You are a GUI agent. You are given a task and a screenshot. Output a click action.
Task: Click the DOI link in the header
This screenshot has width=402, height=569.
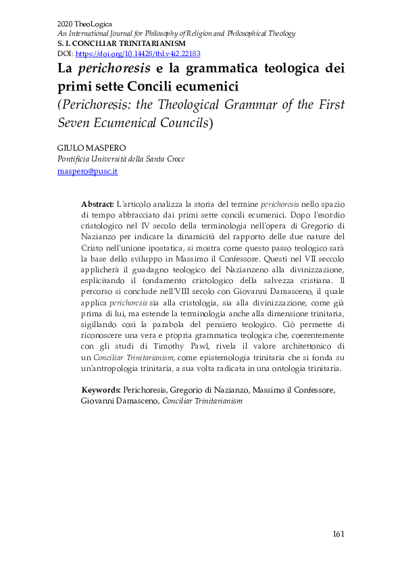(138, 53)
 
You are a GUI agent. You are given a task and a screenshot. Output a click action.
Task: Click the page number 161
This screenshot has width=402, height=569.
(338, 535)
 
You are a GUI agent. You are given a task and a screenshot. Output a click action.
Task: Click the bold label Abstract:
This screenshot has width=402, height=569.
(97, 204)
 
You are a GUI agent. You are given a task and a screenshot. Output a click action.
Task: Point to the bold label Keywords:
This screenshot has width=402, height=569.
(101, 390)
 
